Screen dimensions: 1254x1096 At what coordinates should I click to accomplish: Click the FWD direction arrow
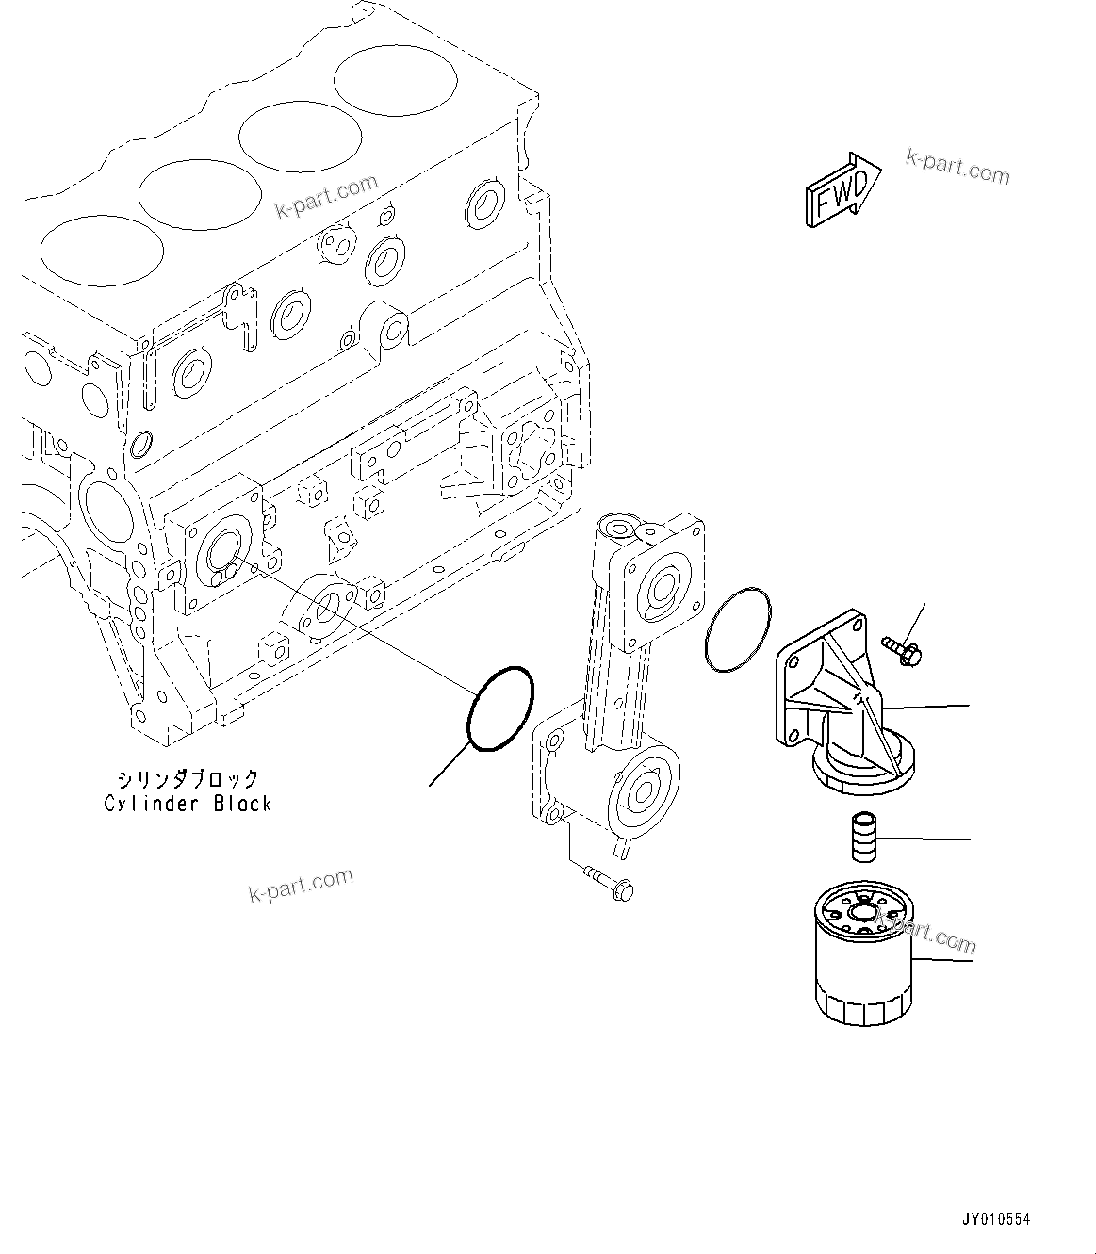click(842, 190)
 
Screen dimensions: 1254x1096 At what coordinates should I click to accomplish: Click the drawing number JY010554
click(995, 1219)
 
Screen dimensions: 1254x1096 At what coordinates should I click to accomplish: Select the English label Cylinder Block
click(188, 804)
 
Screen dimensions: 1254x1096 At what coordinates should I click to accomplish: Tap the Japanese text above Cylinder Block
click(188, 778)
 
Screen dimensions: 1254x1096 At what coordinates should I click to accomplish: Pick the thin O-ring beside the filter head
click(737, 629)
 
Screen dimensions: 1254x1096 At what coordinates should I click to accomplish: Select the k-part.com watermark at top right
click(957, 168)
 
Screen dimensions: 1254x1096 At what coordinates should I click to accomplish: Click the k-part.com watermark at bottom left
click(301, 885)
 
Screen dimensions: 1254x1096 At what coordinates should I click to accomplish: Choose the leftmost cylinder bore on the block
click(102, 245)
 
